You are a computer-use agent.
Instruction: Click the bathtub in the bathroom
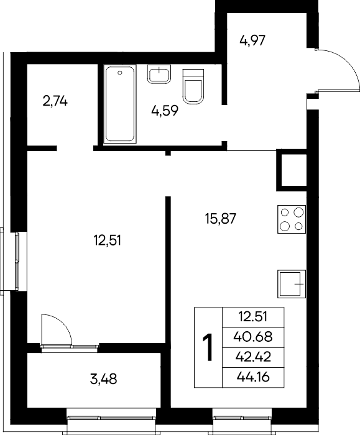click(120, 104)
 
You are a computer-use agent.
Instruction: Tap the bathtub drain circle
click(120, 73)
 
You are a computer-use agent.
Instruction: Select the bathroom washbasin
click(159, 74)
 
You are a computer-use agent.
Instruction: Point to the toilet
click(193, 86)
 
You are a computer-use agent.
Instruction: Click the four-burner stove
click(292, 219)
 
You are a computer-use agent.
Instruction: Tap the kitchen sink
click(292, 284)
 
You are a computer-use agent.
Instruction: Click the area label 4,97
click(252, 40)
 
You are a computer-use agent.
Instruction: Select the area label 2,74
click(55, 101)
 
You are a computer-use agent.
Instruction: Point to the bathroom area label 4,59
click(165, 111)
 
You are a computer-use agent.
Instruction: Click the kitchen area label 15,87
click(220, 219)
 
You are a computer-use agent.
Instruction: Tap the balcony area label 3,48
click(104, 379)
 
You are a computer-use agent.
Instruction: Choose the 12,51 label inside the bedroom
click(108, 240)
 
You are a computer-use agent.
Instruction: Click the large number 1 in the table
click(208, 347)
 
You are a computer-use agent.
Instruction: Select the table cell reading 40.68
click(253, 337)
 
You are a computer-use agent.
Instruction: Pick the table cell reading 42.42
click(253, 357)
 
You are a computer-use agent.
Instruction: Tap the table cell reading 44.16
click(253, 377)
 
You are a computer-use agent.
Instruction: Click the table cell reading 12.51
click(253, 317)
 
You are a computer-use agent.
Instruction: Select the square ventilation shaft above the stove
click(291, 170)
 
